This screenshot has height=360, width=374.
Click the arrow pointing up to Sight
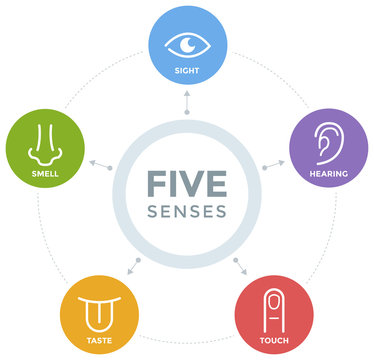(186, 104)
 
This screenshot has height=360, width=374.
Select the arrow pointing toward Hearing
(271, 163)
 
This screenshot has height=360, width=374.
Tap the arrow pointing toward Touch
(238, 265)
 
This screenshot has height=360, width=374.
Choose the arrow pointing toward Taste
(134, 265)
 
